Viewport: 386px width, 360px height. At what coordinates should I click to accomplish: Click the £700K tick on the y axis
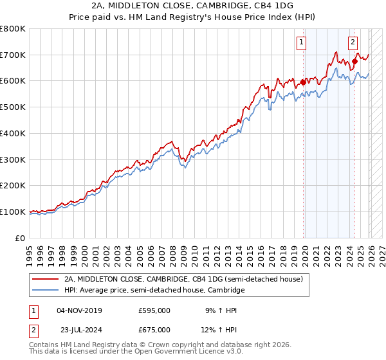[x=13, y=55]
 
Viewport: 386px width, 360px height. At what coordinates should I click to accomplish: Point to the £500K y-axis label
[x=13, y=107]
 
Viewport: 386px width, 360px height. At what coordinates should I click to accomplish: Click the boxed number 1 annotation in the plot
[x=302, y=43]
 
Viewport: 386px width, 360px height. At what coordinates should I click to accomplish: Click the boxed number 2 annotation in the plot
[x=353, y=43]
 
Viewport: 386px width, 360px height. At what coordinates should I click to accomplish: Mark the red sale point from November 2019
[x=303, y=82]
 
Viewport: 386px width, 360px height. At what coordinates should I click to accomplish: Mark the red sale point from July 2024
[x=354, y=61]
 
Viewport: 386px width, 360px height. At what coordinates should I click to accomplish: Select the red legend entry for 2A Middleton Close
[x=187, y=279]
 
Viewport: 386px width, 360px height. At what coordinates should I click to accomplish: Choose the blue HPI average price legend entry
[x=154, y=291]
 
